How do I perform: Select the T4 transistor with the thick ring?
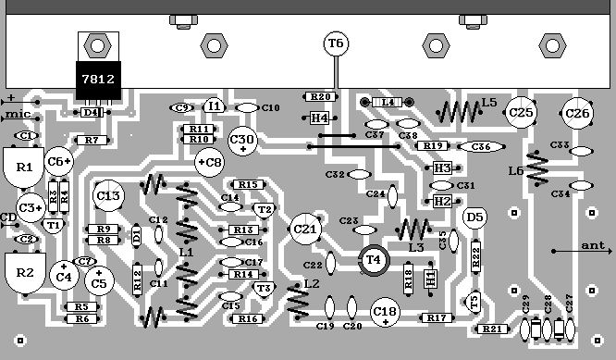(374, 260)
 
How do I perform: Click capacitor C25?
(522, 113)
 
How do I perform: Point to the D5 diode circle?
(474, 217)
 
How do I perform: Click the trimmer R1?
(25, 168)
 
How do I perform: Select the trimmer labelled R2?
(25, 273)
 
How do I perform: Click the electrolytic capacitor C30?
(243, 140)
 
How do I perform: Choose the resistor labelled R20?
(320, 96)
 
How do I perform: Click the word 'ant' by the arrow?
(591, 246)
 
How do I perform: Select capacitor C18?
(385, 313)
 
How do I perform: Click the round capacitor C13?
(108, 195)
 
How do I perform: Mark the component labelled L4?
(387, 102)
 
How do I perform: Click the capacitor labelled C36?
(480, 146)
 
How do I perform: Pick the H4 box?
(319, 118)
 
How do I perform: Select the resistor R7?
(91, 140)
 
